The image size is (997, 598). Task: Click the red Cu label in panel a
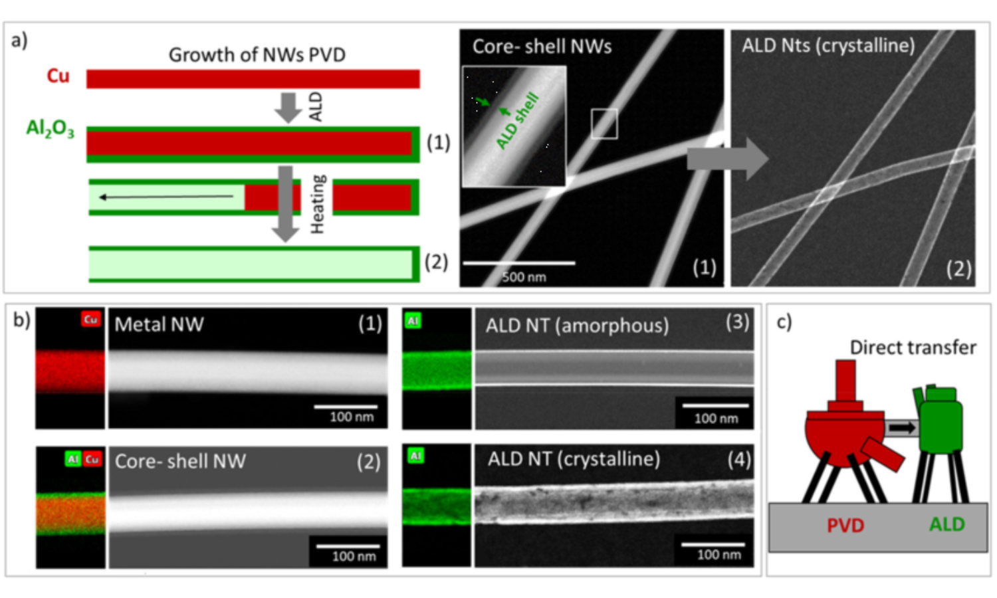coord(58,76)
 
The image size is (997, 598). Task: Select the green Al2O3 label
coord(50,128)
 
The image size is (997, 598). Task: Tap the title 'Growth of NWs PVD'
coord(257,54)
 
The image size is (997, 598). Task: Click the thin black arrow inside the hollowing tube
coord(166,197)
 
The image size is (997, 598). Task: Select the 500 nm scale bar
coord(519,263)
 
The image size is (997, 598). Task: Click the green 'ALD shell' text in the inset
coord(518,122)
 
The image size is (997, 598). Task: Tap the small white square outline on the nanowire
coord(604,124)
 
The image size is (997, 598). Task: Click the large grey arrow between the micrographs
coord(727,159)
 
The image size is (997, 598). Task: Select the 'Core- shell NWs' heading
coord(542,47)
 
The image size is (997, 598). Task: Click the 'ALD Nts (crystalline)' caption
coord(828,45)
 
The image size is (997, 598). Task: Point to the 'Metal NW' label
coord(159,324)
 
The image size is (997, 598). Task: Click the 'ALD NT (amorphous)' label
coord(577,326)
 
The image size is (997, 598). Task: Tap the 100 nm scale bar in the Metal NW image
coord(346,407)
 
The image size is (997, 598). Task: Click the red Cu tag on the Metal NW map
coord(90,320)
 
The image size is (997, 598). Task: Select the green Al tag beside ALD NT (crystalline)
coord(415,456)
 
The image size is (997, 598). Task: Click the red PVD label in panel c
coord(845,526)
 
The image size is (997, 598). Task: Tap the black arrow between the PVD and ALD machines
coord(902,428)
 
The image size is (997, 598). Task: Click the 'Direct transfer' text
coord(913,348)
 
